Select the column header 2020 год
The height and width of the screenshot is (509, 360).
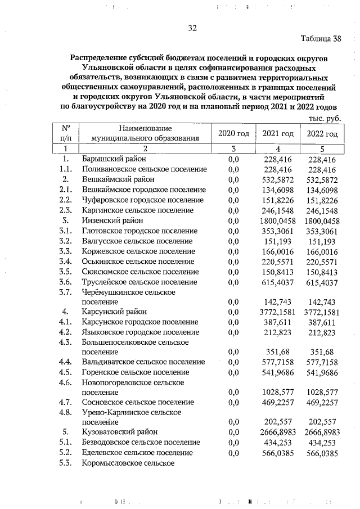(x=233, y=133)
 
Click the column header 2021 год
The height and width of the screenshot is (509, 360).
(x=278, y=133)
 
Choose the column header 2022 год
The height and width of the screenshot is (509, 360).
(x=322, y=133)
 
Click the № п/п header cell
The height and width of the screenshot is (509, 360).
(x=65, y=133)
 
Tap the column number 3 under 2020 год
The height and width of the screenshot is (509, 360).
(x=233, y=149)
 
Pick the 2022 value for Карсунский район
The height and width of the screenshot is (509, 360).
(x=322, y=312)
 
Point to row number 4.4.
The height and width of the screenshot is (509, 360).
(x=66, y=362)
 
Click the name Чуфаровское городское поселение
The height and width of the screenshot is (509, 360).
(x=142, y=200)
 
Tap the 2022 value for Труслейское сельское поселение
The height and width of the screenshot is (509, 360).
(x=322, y=281)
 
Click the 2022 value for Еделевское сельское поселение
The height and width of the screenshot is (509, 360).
(x=322, y=453)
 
